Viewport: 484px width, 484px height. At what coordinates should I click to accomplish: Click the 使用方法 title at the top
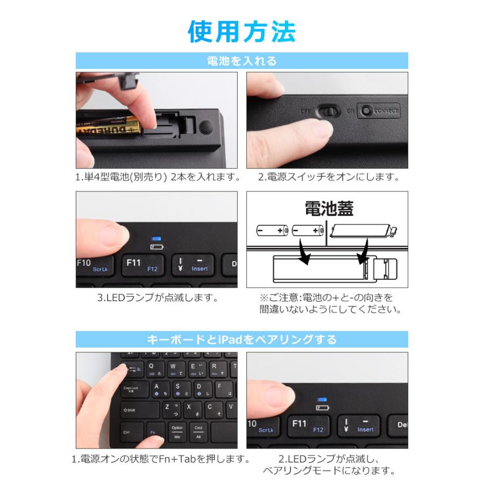coord(241,31)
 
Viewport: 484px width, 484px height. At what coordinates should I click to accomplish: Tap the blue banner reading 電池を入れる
coord(241,61)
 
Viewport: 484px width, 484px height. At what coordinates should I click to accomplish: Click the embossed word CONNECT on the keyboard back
coord(386,111)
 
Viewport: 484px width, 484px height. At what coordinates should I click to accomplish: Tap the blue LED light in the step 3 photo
coord(156,239)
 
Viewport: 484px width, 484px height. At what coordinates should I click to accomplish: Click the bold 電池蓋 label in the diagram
coord(329,209)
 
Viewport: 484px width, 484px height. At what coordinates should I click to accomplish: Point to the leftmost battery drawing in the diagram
coord(272,230)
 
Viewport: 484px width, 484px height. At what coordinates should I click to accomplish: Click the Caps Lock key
coord(133,389)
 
